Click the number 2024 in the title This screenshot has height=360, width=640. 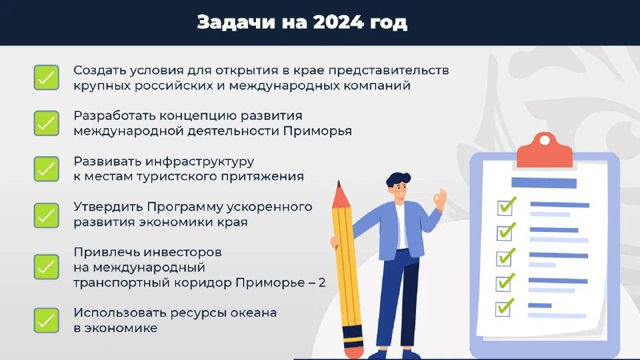pos(338,22)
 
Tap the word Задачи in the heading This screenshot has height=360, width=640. pos(236,23)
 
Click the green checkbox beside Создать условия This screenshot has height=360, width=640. pos(46,78)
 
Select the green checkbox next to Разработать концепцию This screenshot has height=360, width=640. pos(46,123)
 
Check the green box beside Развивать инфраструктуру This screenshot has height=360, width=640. pos(46,169)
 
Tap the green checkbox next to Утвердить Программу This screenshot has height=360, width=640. pos(46,215)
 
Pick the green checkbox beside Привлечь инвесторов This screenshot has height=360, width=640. pos(46,267)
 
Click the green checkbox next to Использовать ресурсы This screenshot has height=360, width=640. pos(46,321)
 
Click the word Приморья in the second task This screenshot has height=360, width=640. pos(318,131)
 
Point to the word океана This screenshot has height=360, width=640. pos(254,313)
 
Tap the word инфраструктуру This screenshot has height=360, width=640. pos(199,162)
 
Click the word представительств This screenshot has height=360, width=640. pos(389,71)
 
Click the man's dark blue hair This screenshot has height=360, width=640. pos(398,180)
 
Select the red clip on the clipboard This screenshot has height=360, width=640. pos(545,150)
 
